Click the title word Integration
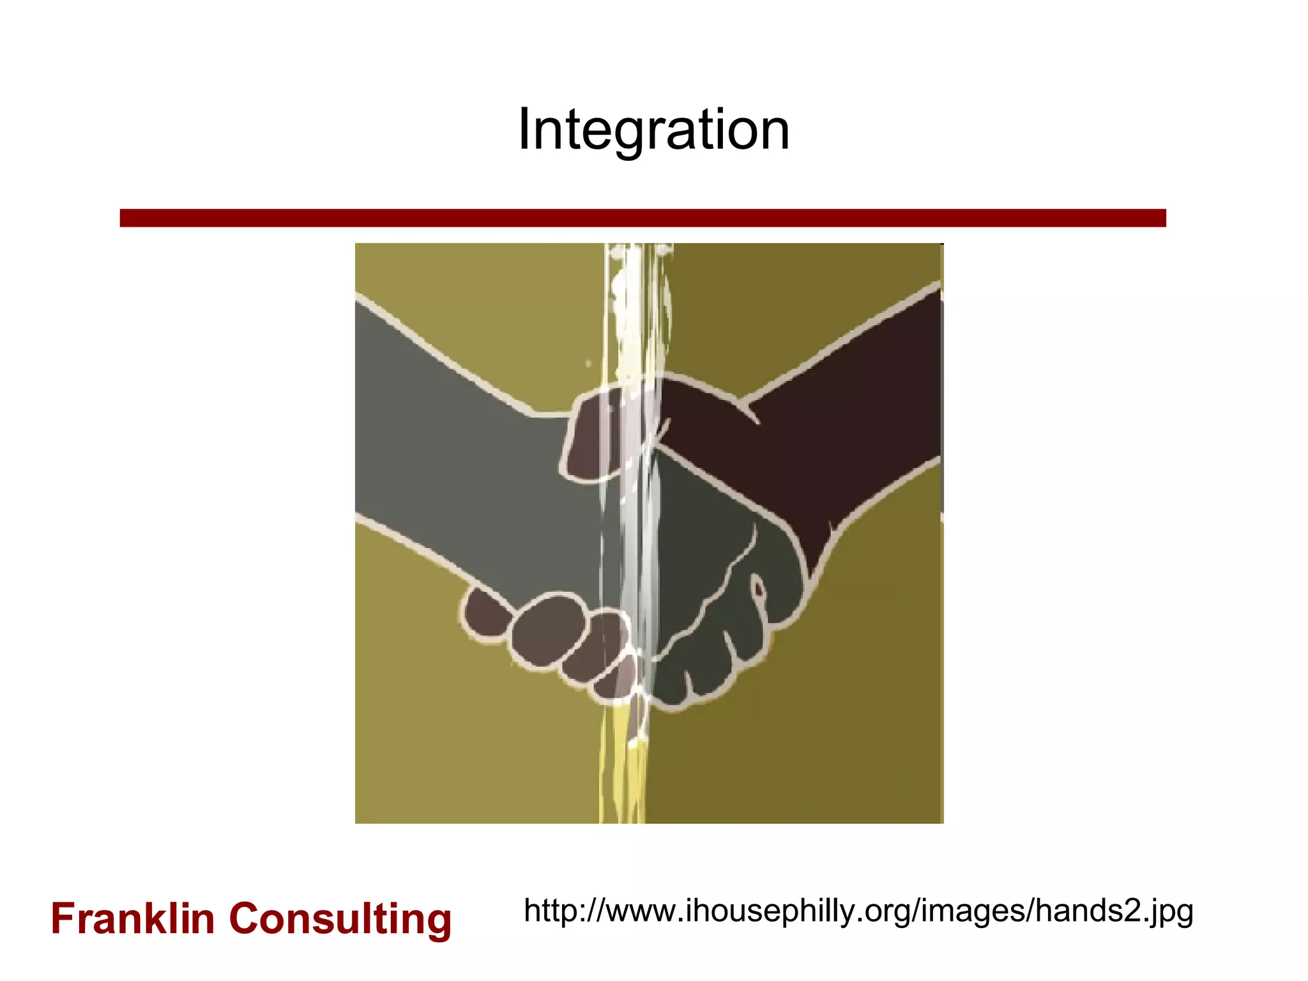coord(653,130)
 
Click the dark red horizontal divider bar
coord(643,218)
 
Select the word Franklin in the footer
coord(133,919)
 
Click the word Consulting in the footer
coord(340,919)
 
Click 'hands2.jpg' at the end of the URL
coord(1114,911)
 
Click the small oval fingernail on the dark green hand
coord(757,588)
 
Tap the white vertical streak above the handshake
coord(632,307)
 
